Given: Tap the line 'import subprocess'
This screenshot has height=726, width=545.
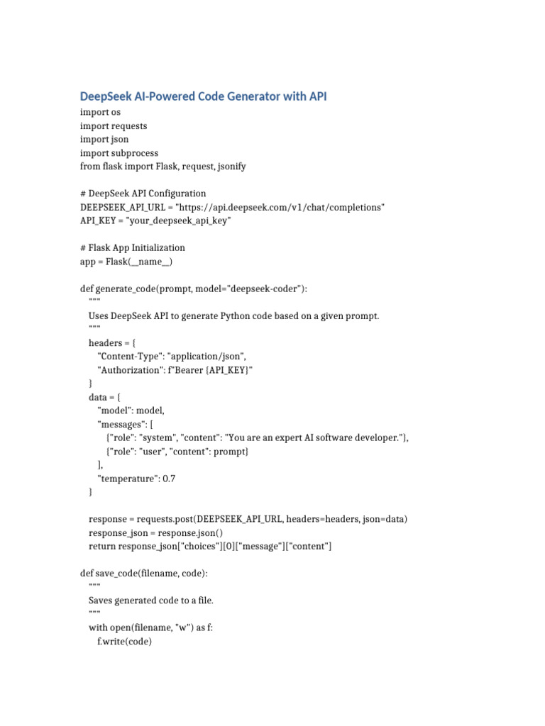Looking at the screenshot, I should click(x=119, y=152).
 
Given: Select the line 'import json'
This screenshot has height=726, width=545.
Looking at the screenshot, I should click(x=106, y=139).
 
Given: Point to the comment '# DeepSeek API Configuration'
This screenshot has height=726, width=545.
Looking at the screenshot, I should click(x=143, y=194).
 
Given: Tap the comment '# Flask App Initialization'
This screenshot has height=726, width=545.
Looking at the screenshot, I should click(x=133, y=247).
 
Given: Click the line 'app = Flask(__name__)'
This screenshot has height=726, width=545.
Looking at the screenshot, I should click(x=126, y=261).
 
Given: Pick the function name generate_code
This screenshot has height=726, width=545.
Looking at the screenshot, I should click(x=123, y=289).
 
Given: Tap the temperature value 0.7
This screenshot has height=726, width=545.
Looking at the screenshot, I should click(x=169, y=479).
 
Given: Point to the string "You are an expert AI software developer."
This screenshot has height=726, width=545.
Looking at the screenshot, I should click(x=307, y=437).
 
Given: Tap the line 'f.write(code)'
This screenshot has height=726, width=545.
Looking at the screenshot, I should click(x=125, y=641).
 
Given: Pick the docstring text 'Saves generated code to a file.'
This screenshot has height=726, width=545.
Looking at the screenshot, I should click(x=150, y=600).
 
